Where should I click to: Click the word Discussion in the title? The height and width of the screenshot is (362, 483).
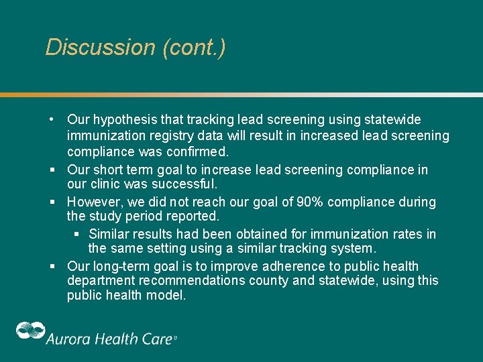tap(100, 48)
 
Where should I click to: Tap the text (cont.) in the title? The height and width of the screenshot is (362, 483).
tap(194, 48)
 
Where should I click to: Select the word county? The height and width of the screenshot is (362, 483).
tap(272, 280)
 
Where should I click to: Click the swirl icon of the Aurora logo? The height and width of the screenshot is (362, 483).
tap(30, 333)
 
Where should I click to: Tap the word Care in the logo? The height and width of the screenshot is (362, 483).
tap(156, 339)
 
